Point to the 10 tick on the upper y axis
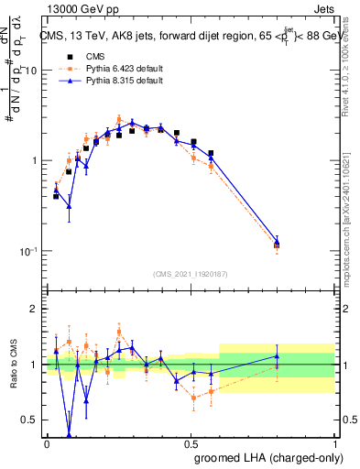pos(32,71)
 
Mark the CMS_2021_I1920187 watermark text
pos(191,274)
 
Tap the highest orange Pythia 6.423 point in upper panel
pos(119,119)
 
